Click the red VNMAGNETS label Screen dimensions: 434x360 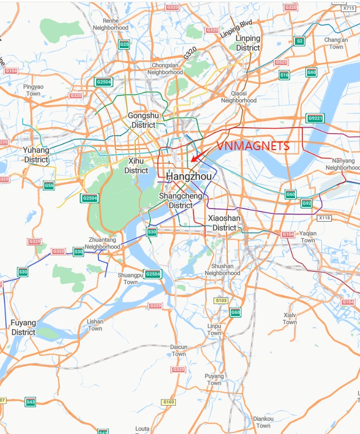click(x=253, y=146)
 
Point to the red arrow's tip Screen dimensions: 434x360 click(x=192, y=162)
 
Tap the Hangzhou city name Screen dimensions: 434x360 click(x=188, y=177)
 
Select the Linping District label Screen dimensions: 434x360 click(x=247, y=43)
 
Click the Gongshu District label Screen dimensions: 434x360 click(x=143, y=120)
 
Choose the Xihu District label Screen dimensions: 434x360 click(x=136, y=166)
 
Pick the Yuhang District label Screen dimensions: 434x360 click(x=36, y=154)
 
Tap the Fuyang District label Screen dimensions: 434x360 click(x=23, y=328)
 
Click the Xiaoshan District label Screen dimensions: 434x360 click(x=224, y=223)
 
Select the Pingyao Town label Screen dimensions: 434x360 click(x=33, y=90)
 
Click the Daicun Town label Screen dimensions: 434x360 click(x=179, y=350)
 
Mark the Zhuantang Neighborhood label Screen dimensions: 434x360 click(x=102, y=243)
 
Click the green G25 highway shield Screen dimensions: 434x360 click(x=124, y=44)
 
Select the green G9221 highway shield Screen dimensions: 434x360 click(x=315, y=118)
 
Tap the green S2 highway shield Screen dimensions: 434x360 click(x=299, y=41)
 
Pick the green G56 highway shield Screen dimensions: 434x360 click(x=49, y=186)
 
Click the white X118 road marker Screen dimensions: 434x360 click(x=324, y=218)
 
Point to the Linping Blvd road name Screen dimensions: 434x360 click(x=236, y=29)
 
